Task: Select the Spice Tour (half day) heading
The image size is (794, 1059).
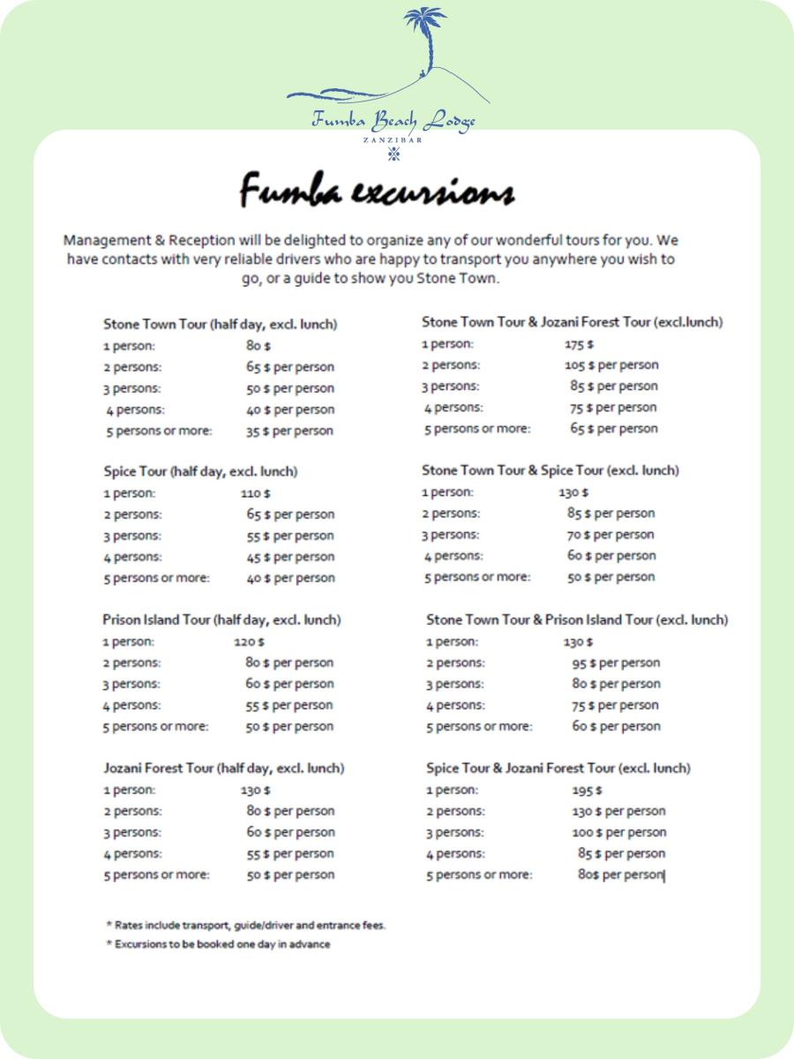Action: tap(200, 471)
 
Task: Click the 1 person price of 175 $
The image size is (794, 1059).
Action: tap(579, 344)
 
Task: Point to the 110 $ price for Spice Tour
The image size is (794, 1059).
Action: tap(256, 493)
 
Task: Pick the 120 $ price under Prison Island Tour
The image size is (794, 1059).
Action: tap(249, 642)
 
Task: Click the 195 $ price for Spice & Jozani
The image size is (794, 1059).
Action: tap(587, 790)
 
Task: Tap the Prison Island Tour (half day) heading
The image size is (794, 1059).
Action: tap(221, 620)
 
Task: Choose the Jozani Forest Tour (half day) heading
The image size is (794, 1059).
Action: tap(224, 768)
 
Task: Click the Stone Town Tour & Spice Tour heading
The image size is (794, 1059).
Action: tap(551, 470)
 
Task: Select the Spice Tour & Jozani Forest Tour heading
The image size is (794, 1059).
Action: tap(558, 768)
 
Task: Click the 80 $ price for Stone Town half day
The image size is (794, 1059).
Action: tap(258, 346)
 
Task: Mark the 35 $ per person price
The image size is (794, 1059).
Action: tap(289, 431)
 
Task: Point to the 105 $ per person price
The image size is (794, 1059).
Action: tap(611, 364)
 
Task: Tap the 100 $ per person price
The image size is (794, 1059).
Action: tap(619, 832)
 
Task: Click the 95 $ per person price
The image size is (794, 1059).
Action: tap(616, 663)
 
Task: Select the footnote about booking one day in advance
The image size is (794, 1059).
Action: tap(218, 944)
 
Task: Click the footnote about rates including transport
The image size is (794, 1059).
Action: tap(246, 926)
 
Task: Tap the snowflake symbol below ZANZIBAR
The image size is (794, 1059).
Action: tap(393, 154)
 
